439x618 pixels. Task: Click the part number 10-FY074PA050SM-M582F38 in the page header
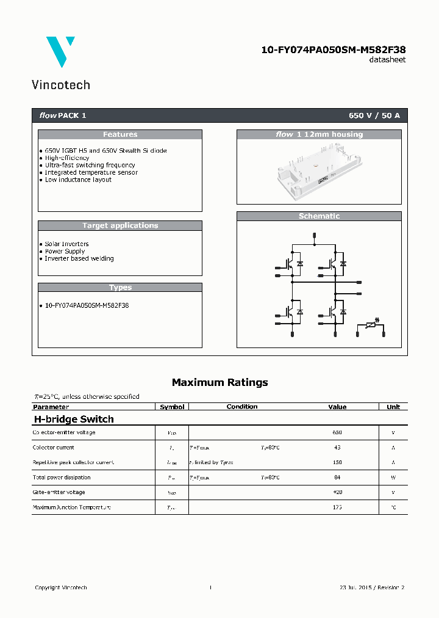334,49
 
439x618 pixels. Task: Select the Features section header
120,134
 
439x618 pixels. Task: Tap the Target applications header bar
120,225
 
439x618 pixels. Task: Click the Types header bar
120,288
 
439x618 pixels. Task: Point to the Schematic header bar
319,216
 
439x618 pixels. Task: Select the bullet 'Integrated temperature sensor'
91,173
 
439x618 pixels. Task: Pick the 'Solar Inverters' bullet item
66,244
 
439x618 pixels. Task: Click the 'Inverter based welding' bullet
79,259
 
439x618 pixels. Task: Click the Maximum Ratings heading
220,383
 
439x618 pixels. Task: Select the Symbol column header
172,407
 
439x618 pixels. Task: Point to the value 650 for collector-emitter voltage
337,433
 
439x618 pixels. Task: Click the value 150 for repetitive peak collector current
337,463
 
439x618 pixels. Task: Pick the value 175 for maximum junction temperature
337,507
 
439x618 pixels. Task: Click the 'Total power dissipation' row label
62,478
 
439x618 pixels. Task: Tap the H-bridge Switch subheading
73,420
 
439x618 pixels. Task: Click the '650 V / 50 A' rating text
374,115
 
